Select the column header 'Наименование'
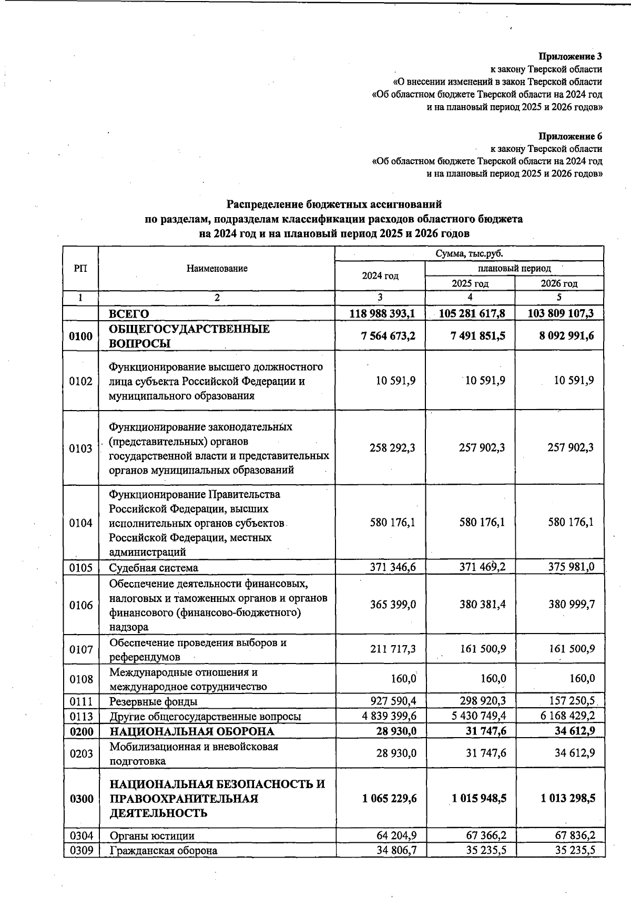point(217,269)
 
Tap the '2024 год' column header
point(380,276)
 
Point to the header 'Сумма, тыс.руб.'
point(469,254)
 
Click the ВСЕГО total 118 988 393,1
point(382,314)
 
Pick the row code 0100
point(80,336)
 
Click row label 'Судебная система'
point(154,568)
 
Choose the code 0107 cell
point(80,649)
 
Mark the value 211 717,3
point(392,649)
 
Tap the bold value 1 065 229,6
point(389,798)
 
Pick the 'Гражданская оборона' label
point(163,851)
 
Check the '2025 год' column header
point(470,284)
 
